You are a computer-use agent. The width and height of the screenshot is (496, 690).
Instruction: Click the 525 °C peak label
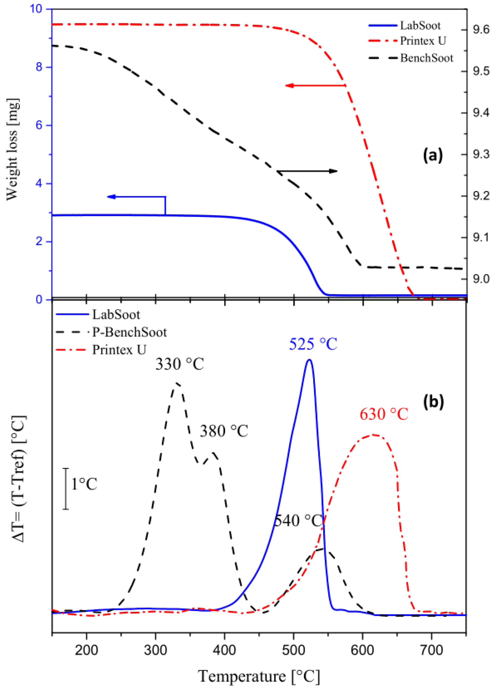coord(313,344)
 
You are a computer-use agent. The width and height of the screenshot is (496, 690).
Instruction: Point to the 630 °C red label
coord(384,414)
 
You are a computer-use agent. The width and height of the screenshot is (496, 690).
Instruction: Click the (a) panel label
coord(433,155)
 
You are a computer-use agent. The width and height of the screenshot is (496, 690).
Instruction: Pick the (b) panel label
coord(433,402)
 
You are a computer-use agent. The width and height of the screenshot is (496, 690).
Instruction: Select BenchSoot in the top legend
coord(426,58)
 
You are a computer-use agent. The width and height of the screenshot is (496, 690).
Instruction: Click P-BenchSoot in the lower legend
coord(129,332)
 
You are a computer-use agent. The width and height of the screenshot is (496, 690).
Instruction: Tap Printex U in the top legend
coord(423,41)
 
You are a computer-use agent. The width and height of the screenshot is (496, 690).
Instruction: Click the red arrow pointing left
coord(315,86)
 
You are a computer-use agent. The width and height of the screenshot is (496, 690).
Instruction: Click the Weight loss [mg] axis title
coord(13,149)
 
